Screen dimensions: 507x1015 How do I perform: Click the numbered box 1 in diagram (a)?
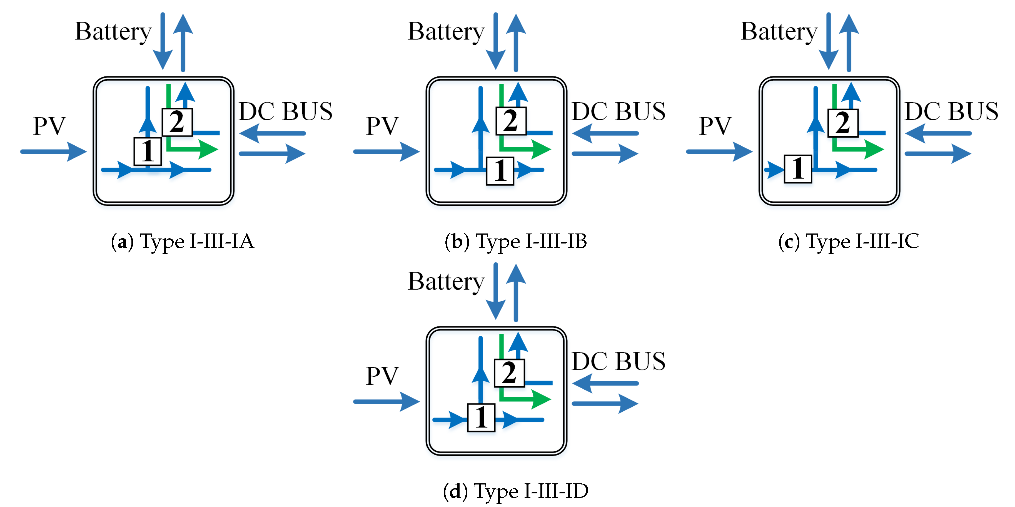(x=147, y=151)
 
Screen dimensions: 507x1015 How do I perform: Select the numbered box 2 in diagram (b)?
(x=511, y=121)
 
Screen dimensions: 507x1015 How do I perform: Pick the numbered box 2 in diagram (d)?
(x=509, y=372)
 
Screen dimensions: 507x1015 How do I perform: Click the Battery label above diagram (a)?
(x=113, y=31)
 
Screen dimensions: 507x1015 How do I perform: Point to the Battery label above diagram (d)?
(x=446, y=282)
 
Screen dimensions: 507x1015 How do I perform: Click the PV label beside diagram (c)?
(x=715, y=126)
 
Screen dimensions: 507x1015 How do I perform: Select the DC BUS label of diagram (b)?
(x=618, y=111)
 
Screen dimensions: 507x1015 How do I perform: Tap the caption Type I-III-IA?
(x=183, y=241)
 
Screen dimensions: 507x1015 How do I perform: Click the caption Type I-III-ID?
(x=515, y=491)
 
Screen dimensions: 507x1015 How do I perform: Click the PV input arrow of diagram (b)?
(x=386, y=152)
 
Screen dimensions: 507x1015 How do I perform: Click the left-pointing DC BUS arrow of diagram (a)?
(x=272, y=133)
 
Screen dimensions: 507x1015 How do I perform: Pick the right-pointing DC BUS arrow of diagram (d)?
(x=605, y=403)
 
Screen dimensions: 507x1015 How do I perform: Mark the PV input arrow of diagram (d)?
(x=386, y=401)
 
